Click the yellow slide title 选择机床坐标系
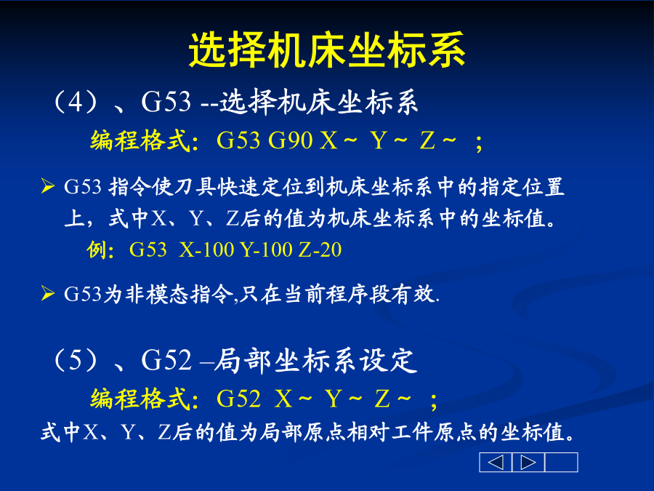click(x=327, y=50)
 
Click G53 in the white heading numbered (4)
click(x=166, y=102)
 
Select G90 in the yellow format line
click(x=290, y=140)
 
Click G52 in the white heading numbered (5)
click(x=166, y=360)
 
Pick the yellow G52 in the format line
click(x=238, y=399)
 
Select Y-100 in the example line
click(x=267, y=250)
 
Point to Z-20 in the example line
click(x=320, y=250)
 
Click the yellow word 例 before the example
click(x=97, y=250)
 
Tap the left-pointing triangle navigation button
click(x=496, y=462)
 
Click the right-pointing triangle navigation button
click(x=528, y=462)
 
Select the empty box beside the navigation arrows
click(x=562, y=462)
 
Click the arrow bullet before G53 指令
click(x=47, y=186)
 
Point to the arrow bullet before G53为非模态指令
click(x=47, y=294)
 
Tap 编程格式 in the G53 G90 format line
click(x=140, y=140)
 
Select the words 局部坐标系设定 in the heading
click(x=315, y=360)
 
